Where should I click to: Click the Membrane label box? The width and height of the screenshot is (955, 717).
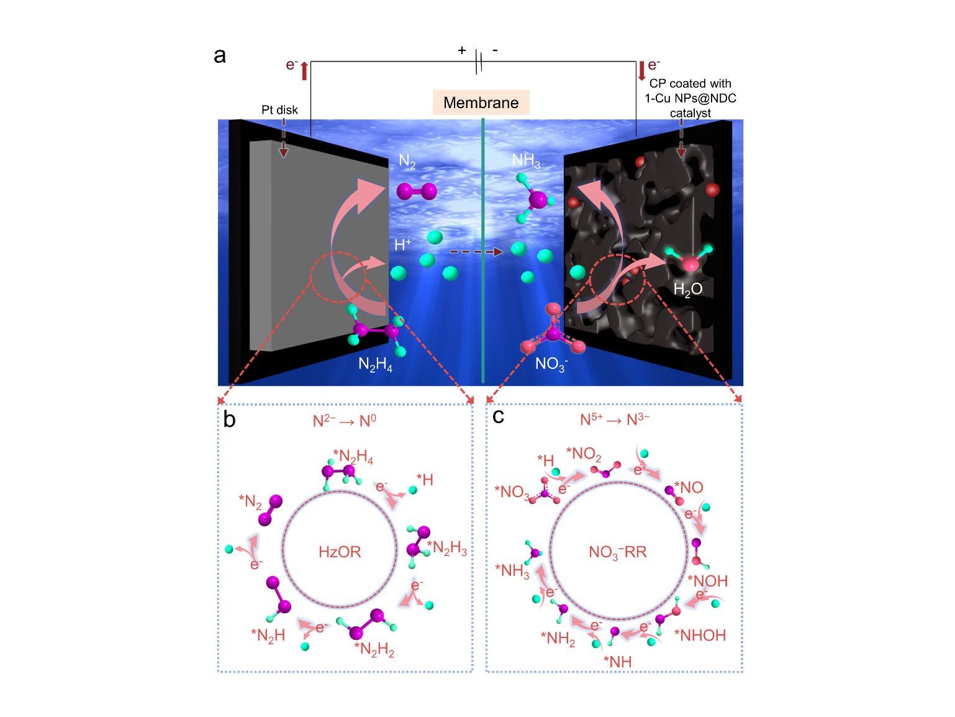481,103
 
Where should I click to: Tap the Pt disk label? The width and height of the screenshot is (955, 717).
279,110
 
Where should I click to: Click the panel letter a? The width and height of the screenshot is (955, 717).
219,56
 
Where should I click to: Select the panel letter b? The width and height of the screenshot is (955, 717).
229,421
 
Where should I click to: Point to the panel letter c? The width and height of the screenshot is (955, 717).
498,416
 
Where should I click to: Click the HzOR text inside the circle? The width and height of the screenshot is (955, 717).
340,551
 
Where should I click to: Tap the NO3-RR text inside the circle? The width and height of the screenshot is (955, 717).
617,552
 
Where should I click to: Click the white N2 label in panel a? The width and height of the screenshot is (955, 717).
407,163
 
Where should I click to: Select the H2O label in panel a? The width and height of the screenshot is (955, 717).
688,289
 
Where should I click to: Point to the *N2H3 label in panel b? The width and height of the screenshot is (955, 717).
447,549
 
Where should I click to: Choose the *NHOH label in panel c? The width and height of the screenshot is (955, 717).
703,635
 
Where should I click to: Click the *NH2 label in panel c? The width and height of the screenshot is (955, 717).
558,637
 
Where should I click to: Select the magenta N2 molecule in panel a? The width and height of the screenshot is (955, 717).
417,191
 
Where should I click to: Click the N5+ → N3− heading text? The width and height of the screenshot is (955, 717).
615,420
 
